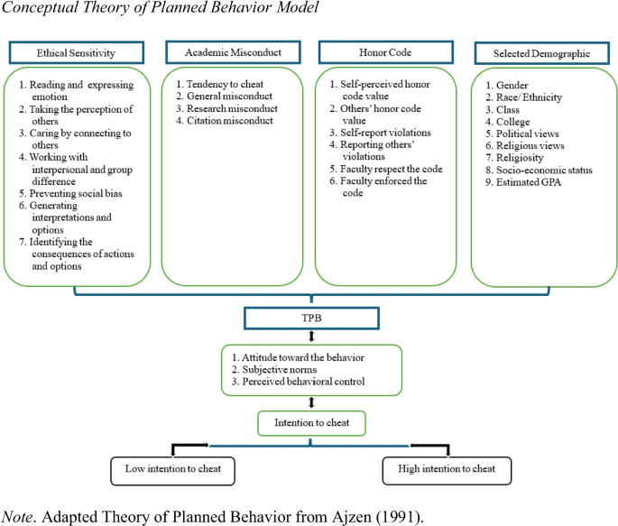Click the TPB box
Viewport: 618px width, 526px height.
tap(310, 318)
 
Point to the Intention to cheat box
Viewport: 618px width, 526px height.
tap(310, 422)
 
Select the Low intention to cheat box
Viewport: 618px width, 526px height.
tap(172, 469)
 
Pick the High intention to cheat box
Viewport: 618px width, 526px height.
tap(447, 469)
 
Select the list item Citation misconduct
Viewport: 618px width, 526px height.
tap(222, 121)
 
